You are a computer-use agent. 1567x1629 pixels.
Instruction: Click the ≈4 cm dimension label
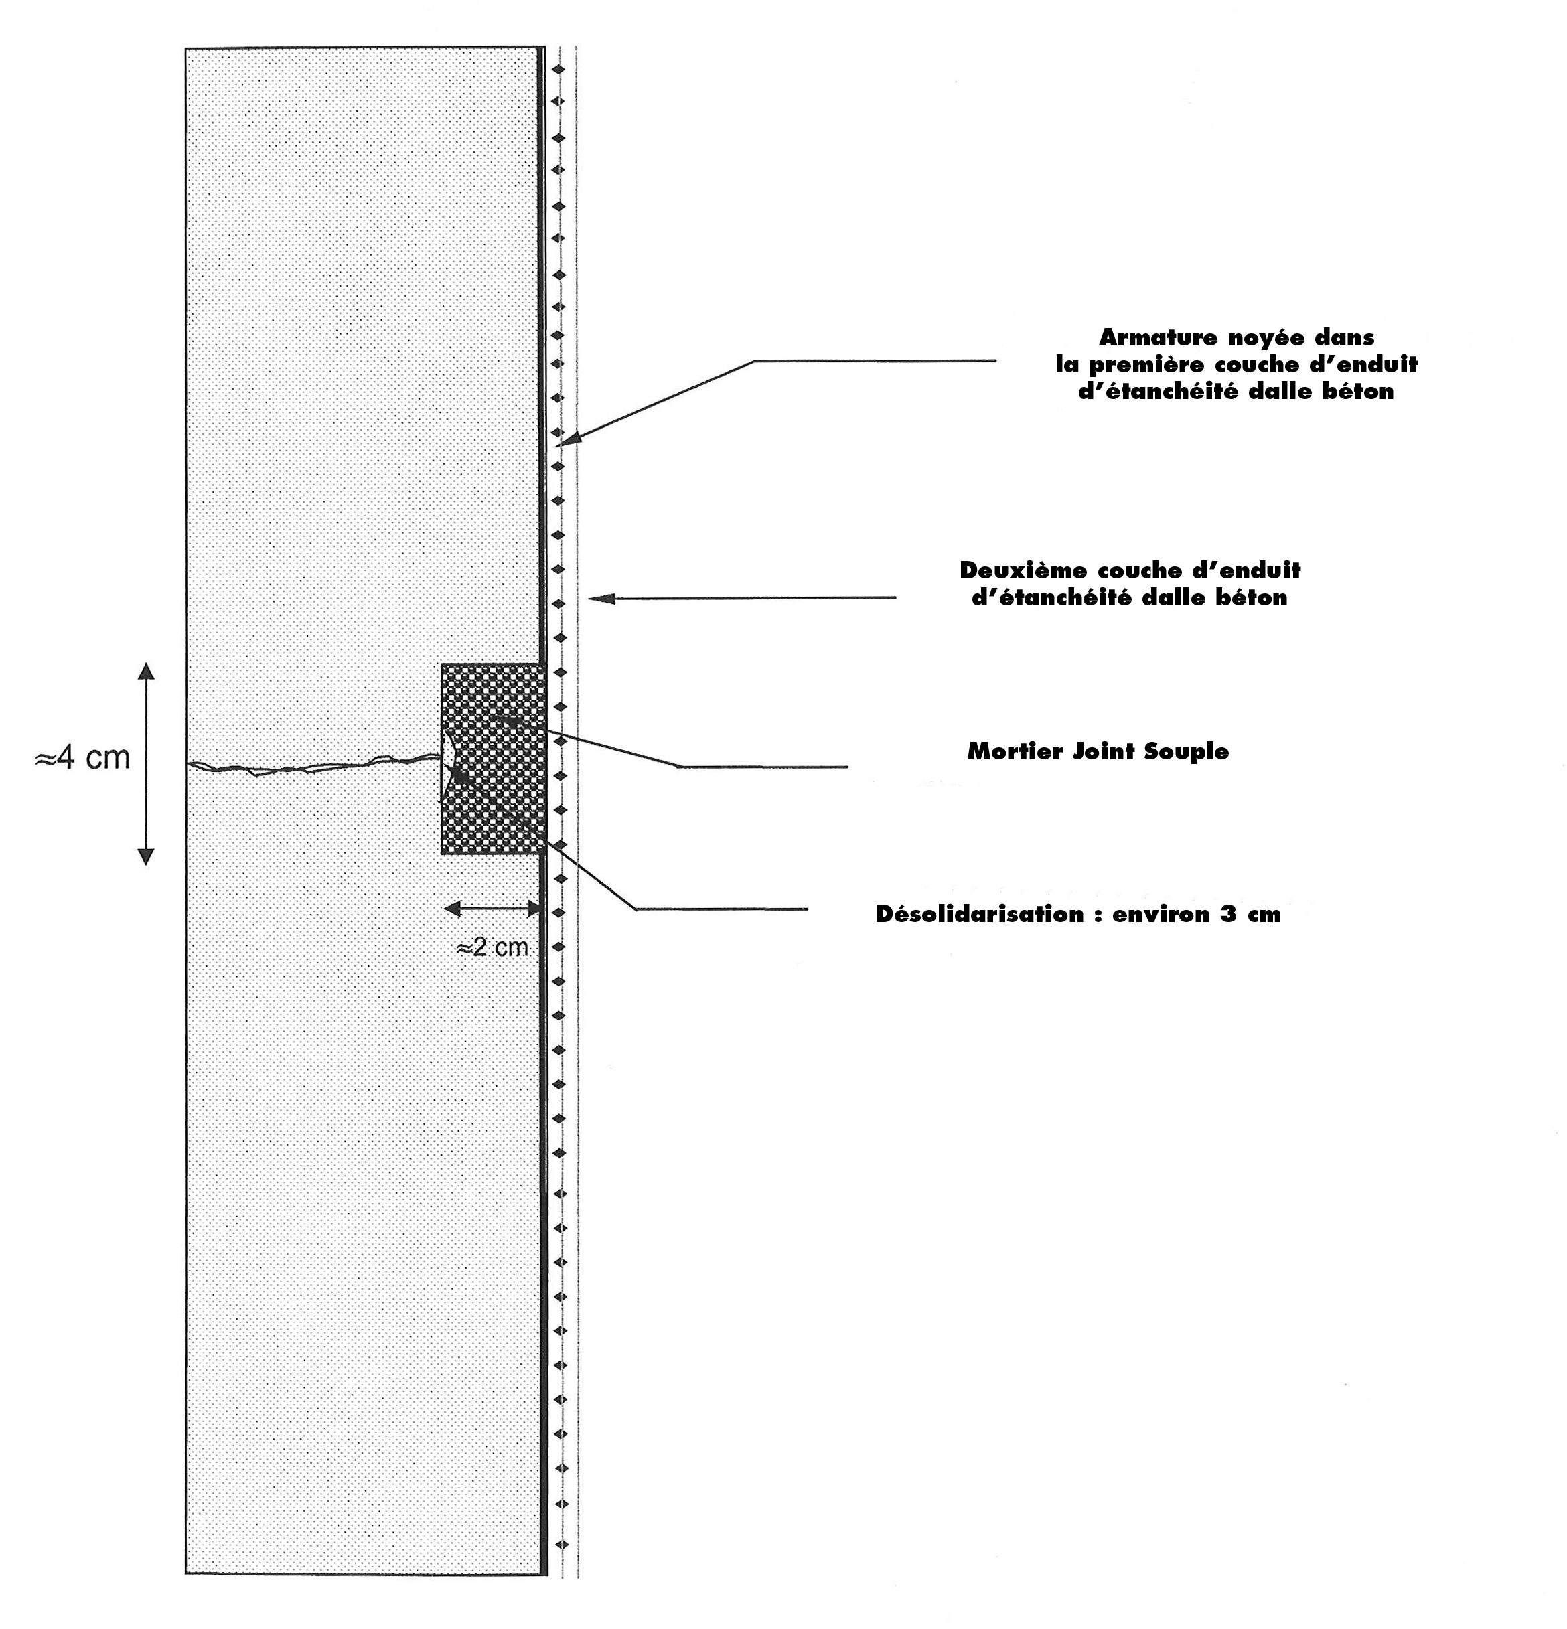point(82,758)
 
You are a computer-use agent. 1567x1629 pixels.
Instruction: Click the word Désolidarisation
point(979,913)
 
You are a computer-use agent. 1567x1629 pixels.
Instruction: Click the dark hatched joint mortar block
point(493,758)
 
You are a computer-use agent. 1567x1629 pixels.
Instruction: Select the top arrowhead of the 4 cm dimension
point(145,672)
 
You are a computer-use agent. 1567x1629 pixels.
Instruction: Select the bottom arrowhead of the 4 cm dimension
point(145,856)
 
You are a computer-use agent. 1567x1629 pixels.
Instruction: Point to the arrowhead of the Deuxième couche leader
point(601,598)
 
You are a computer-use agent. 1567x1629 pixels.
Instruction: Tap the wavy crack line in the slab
point(313,765)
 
